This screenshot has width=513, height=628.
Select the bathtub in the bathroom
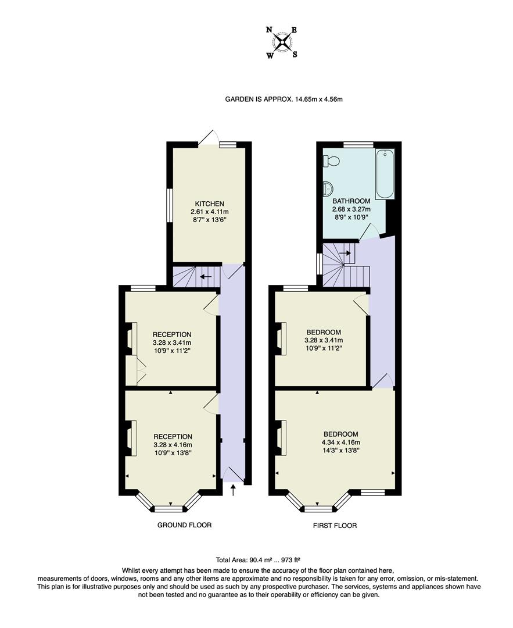[x=385, y=174]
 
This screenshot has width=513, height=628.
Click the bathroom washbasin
[x=327, y=187]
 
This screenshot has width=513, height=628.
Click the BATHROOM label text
[x=351, y=201]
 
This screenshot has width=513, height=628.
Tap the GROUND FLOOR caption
[x=184, y=525]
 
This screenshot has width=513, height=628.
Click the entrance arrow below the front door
[x=234, y=491]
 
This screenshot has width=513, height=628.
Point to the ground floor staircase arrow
[x=205, y=277]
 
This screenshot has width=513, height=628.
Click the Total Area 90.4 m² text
[x=243, y=560]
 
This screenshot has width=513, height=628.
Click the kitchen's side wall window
[x=170, y=205]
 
